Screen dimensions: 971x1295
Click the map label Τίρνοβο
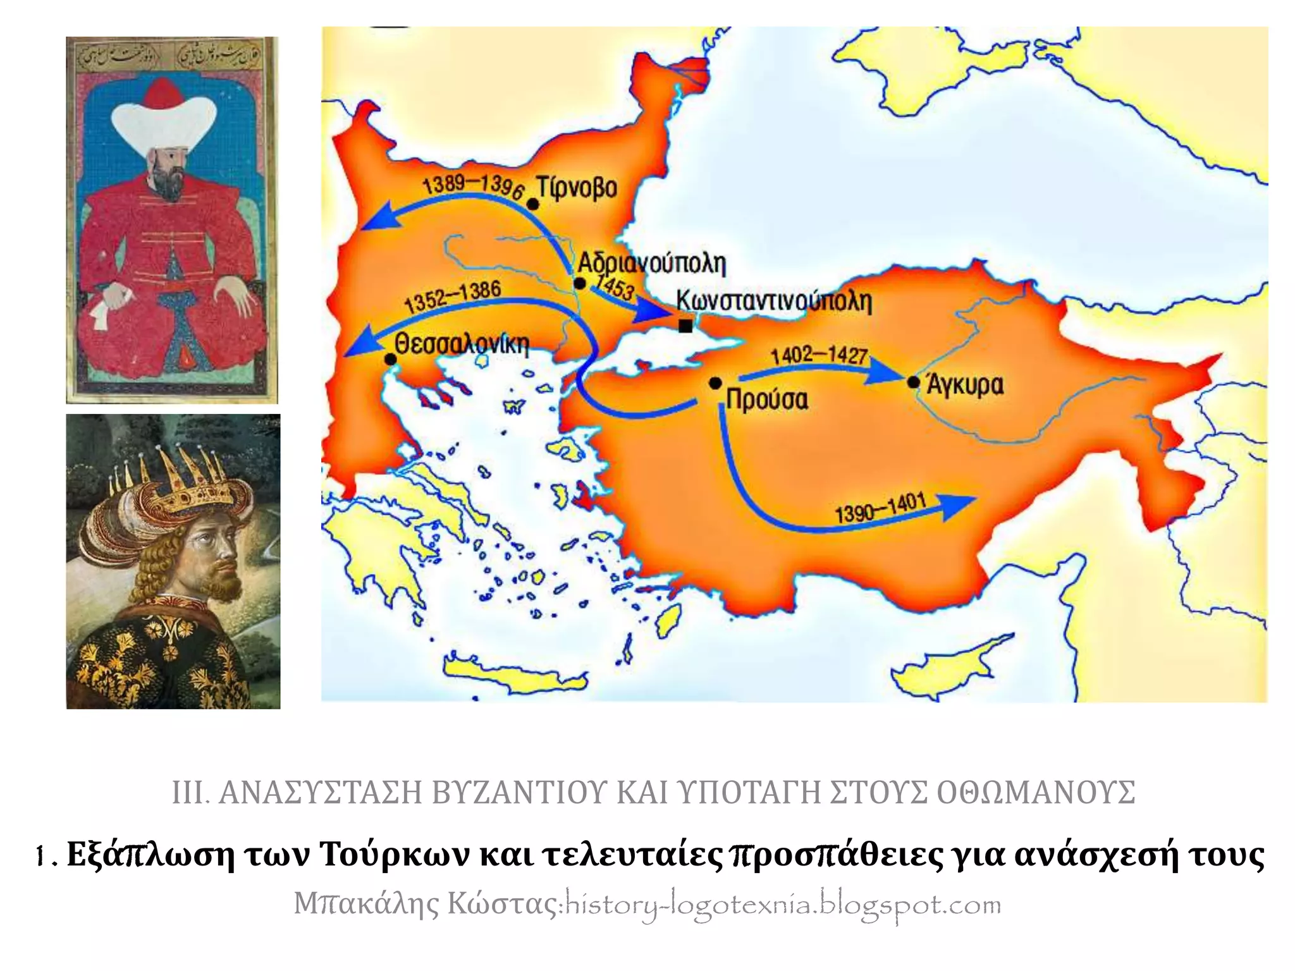click(577, 188)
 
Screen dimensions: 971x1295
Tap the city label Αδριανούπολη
click(652, 262)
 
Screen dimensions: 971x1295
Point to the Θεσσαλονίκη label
click(462, 344)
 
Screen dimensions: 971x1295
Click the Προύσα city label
click(767, 400)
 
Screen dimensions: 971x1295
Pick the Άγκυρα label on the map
click(965, 384)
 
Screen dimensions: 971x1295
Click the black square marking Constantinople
click(685, 326)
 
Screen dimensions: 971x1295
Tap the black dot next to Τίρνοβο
click(533, 204)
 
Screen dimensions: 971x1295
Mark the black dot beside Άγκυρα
click(913, 382)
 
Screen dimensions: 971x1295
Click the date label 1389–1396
click(473, 186)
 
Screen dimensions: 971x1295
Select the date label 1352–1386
click(453, 296)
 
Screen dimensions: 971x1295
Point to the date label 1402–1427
click(819, 355)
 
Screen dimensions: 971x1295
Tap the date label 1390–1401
click(880, 508)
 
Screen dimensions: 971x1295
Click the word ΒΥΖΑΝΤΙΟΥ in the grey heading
click(518, 793)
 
